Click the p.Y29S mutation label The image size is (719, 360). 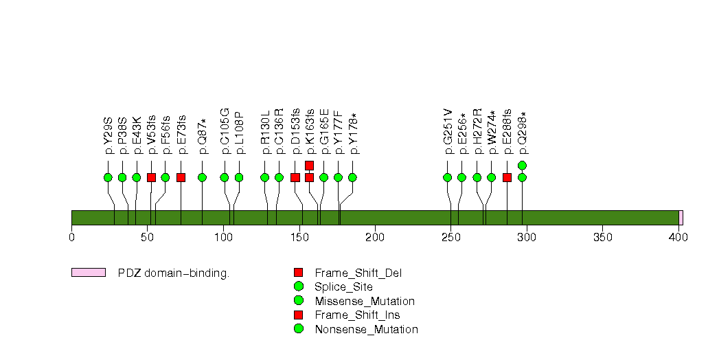tap(108, 139)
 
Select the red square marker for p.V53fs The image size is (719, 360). tap(151, 177)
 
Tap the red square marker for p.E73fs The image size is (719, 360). tap(181, 177)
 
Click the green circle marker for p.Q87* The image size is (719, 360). tap(203, 177)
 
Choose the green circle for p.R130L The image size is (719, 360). tap(265, 177)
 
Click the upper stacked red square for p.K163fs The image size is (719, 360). tap(309, 165)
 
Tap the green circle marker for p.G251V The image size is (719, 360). tap(448, 177)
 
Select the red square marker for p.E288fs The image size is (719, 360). tap(507, 177)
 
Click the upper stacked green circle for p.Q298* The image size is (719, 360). tap(522, 165)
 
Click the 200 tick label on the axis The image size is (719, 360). tap(375, 238)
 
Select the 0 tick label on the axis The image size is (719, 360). tap(71, 238)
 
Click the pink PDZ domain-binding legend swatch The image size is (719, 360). tap(89, 273)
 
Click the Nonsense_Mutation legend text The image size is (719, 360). tap(366, 329)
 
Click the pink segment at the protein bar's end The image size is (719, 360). tap(681, 218)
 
